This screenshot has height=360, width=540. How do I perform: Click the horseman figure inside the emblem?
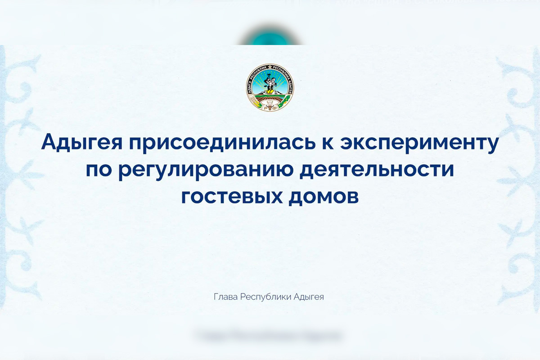[270, 83]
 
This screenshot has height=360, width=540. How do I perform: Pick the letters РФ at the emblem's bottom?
[270, 106]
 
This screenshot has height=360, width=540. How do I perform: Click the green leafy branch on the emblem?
[283, 103]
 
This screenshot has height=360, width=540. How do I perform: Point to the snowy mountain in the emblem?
[270, 92]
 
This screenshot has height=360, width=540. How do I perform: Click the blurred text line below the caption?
[269, 335]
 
